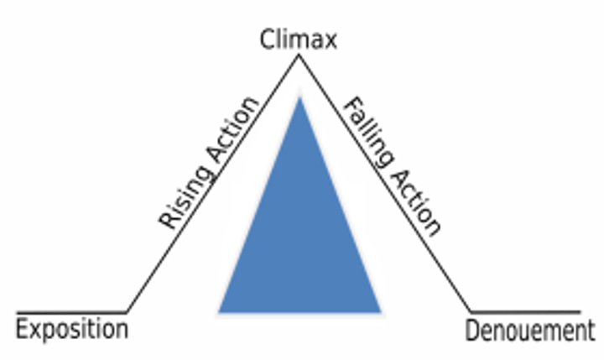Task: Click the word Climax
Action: [298, 39]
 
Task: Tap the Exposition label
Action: [73, 329]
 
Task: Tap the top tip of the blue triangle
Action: [299, 99]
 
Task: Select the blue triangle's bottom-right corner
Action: [379, 310]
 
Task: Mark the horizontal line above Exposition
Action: [71, 311]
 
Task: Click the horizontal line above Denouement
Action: [524, 312]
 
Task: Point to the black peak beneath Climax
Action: [298, 60]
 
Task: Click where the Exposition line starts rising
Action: [127, 311]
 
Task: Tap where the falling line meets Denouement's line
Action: [471, 312]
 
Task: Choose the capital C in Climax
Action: [268, 39]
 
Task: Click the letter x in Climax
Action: [329, 41]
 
